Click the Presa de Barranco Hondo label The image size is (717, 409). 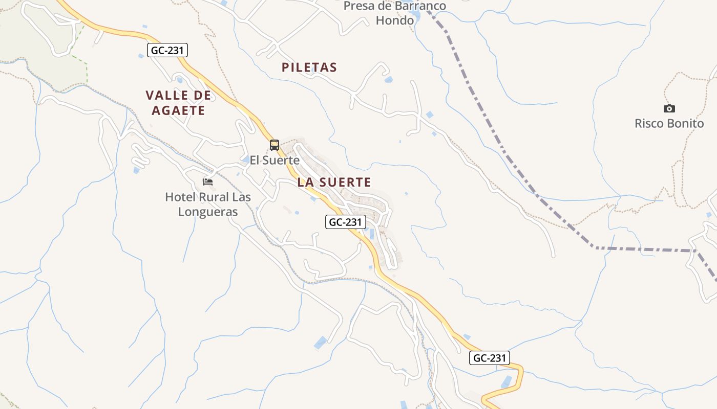tap(394, 13)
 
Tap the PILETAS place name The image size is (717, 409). tap(309, 67)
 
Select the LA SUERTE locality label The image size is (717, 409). tap(334, 182)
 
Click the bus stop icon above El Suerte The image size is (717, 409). tap(275, 145)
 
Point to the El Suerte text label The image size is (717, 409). tap(275, 160)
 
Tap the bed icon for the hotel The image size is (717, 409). tap(208, 182)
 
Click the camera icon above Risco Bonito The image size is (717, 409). tap(669, 108)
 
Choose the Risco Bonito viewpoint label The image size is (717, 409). tap(669, 124)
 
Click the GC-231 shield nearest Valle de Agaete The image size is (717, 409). tap(168, 50)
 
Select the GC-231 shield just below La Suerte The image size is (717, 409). tap(346, 222)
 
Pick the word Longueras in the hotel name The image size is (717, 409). tap(208, 212)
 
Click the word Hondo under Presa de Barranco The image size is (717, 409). tap(394, 20)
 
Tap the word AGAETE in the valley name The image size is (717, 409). tap(175, 110)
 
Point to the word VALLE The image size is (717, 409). tap(164, 96)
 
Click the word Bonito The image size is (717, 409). tap(686, 124)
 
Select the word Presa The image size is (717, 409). tap(358, 6)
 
